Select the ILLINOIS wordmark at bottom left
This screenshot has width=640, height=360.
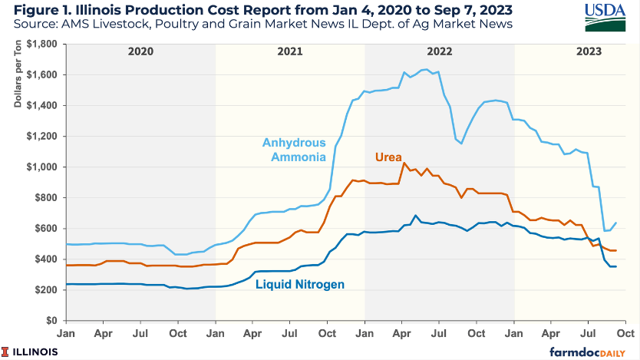click(x=35, y=351)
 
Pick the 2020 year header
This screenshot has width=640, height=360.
click(x=140, y=52)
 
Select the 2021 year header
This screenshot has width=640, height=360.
click(x=289, y=52)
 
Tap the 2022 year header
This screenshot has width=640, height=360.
click(x=439, y=52)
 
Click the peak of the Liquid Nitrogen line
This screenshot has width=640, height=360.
click(x=415, y=216)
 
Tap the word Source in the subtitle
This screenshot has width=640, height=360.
click(x=33, y=26)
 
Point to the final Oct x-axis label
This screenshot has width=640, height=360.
click(x=625, y=334)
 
